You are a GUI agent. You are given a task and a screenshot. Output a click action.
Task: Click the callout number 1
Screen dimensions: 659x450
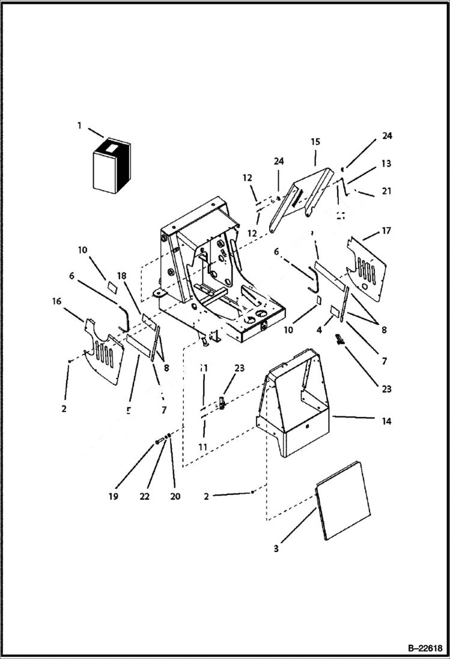(79, 125)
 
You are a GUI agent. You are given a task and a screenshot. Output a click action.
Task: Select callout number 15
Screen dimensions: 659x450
(315, 142)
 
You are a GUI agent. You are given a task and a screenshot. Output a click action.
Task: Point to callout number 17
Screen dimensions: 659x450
(386, 230)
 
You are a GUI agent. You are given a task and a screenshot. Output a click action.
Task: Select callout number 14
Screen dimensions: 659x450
(386, 421)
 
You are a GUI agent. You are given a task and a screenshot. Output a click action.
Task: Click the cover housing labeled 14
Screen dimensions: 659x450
(294, 415)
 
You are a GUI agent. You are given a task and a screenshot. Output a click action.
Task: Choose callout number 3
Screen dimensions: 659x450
(276, 548)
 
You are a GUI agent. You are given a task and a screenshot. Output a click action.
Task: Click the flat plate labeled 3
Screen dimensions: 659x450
(342, 500)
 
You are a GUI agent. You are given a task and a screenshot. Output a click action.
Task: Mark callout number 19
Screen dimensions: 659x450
(114, 496)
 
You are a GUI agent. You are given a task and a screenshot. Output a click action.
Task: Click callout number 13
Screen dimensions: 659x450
(386, 163)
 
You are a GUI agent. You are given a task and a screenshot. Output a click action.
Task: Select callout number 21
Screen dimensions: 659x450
(386, 191)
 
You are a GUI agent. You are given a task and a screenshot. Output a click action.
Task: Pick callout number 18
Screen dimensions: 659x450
(122, 276)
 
